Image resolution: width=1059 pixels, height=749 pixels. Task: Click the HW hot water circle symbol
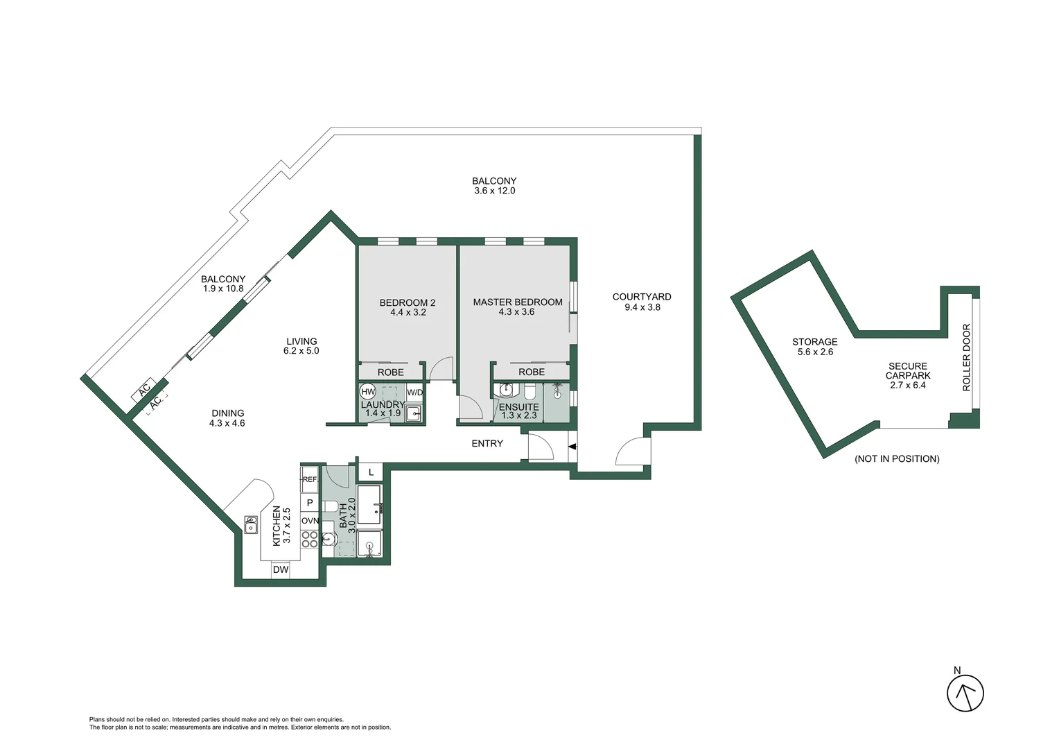[x=368, y=392]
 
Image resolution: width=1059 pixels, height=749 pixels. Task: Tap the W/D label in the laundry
[x=414, y=393]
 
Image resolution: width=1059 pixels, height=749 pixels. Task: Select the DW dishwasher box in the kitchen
[x=280, y=570]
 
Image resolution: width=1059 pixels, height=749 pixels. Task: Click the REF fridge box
[x=309, y=479]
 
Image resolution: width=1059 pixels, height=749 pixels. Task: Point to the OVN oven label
[x=310, y=521]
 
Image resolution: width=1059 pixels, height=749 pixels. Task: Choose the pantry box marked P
[x=310, y=503]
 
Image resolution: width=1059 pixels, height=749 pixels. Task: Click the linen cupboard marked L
[x=371, y=472]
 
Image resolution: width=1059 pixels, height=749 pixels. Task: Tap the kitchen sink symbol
[x=250, y=525]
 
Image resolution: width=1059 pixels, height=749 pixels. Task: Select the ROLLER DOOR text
[x=967, y=357]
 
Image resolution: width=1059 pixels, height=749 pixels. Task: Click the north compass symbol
[x=965, y=692]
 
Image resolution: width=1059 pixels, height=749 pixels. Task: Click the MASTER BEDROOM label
[x=518, y=302]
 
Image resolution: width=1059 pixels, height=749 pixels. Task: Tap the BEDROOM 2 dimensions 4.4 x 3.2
[x=408, y=313]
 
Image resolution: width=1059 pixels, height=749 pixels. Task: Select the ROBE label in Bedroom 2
[x=391, y=372]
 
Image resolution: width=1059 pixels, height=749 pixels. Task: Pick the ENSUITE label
[x=518, y=407]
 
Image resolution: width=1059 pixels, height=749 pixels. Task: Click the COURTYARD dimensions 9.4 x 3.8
[x=642, y=307]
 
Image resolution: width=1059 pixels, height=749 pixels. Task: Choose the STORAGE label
[x=815, y=342]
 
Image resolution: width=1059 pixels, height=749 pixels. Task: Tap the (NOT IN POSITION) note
[x=897, y=459]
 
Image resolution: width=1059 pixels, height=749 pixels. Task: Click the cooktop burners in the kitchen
[x=310, y=539]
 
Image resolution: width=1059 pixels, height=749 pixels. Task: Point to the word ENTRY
[x=487, y=444]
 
